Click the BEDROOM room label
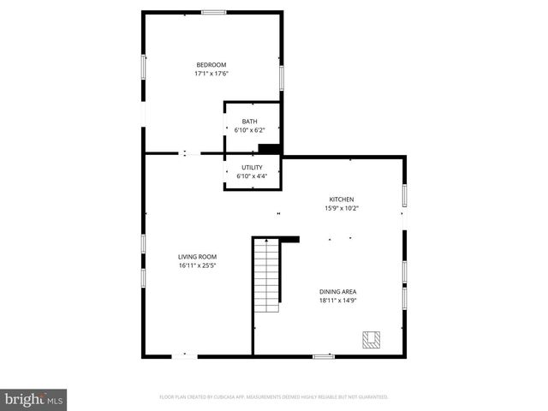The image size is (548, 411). [x=211, y=65]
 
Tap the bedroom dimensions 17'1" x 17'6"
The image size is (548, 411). [x=211, y=74]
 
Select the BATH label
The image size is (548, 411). [x=249, y=122]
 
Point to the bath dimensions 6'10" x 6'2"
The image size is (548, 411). [x=249, y=130]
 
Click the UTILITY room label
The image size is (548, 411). [x=252, y=168]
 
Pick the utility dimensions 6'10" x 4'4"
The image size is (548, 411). [x=252, y=176]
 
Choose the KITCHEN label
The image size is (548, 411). [x=342, y=200]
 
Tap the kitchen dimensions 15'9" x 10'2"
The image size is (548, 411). [x=342, y=208]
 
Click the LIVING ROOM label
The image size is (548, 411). [x=197, y=257]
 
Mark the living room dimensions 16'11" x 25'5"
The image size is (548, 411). [x=197, y=265]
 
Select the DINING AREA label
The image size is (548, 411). [x=338, y=292]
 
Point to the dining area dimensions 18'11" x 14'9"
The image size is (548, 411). [x=338, y=301]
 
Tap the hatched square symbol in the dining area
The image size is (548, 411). [x=372, y=340]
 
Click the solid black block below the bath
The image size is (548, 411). [x=270, y=149]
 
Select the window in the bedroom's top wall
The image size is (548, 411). [x=213, y=12]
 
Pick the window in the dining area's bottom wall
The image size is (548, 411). [x=323, y=356]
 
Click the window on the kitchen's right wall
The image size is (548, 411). [x=404, y=195]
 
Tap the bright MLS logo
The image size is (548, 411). [x=33, y=400]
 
